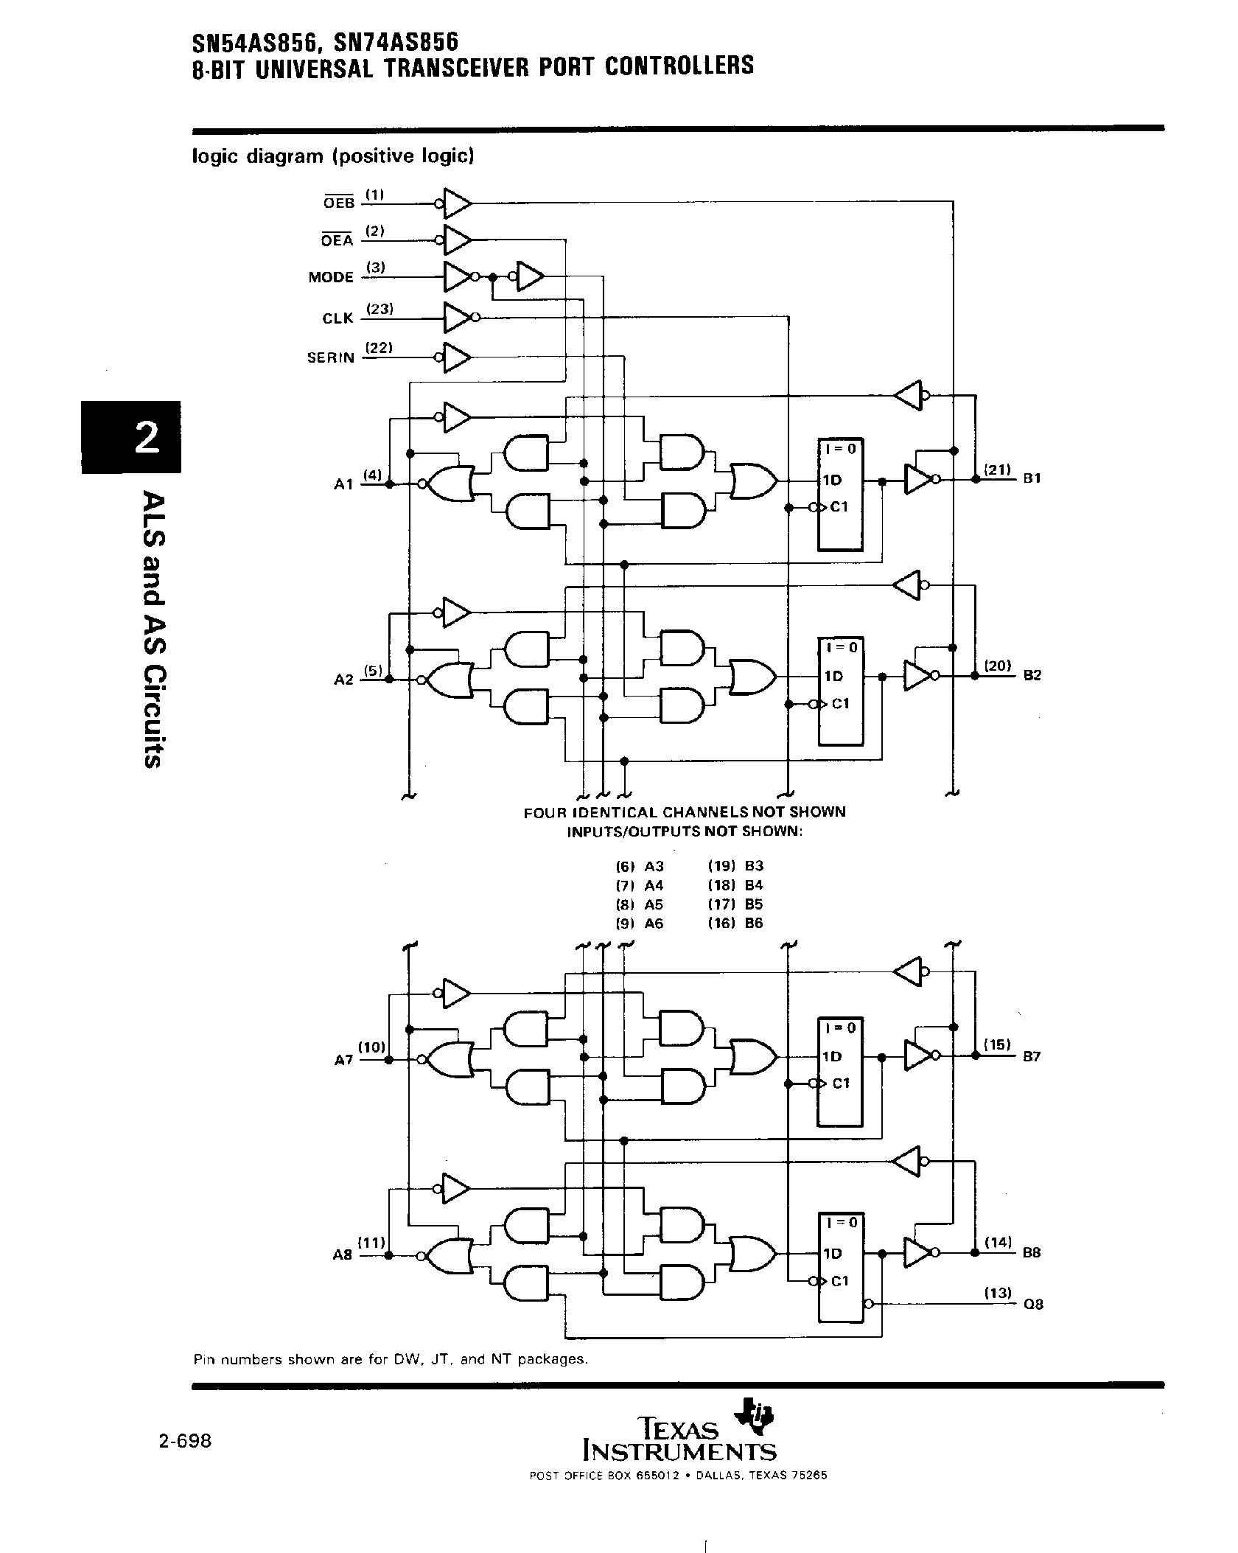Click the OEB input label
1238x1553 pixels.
(x=339, y=203)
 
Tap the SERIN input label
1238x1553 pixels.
(x=331, y=358)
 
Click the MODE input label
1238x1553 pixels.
(x=331, y=278)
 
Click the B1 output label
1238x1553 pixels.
(x=1032, y=478)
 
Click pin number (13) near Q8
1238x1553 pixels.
(x=999, y=1292)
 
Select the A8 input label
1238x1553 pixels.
(x=343, y=1254)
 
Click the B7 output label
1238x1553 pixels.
(x=1032, y=1056)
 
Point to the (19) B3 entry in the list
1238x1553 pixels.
(x=735, y=866)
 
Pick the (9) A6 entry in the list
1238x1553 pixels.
(x=640, y=924)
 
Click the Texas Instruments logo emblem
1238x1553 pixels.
(x=755, y=1416)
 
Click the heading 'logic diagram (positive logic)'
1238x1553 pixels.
(x=332, y=156)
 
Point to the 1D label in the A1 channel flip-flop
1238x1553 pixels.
(x=832, y=480)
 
